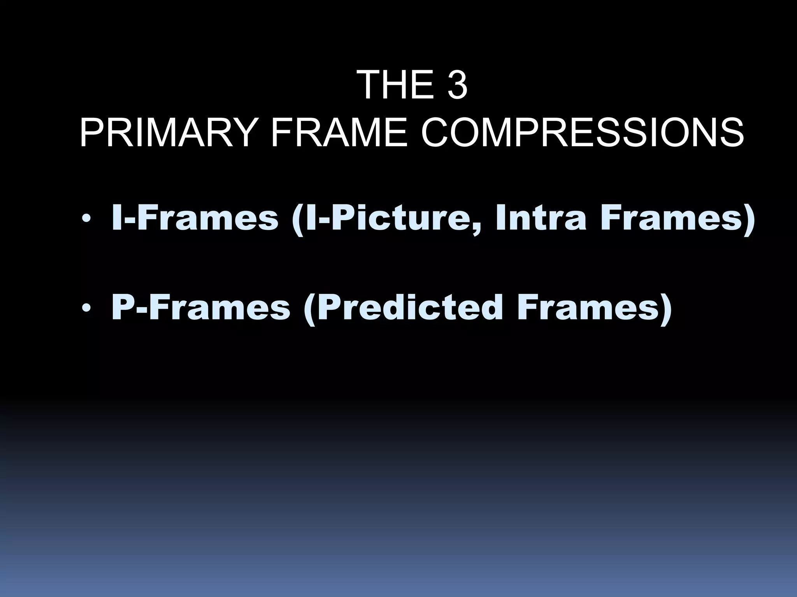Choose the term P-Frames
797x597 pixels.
(201, 308)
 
